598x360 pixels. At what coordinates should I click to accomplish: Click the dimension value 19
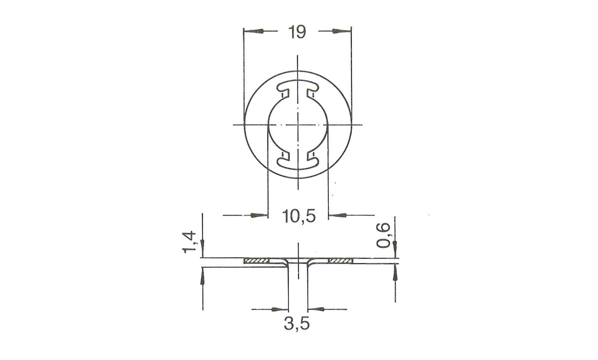(297, 32)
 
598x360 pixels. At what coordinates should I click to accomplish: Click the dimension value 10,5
(299, 217)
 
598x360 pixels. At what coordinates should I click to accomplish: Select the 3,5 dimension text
(297, 324)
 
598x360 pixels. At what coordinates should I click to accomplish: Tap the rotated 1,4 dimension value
(191, 242)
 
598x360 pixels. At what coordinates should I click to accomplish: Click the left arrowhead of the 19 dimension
(255, 31)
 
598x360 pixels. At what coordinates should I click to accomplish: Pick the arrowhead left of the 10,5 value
(258, 216)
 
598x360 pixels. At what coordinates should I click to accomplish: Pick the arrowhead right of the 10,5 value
(339, 216)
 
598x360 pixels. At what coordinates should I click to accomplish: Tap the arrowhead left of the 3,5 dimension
(280, 309)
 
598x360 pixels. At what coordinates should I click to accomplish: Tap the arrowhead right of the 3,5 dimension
(317, 309)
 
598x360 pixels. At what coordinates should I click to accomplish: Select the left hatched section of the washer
(256, 260)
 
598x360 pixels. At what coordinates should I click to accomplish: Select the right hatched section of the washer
(340, 260)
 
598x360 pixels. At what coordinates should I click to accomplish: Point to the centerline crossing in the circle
(298, 123)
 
